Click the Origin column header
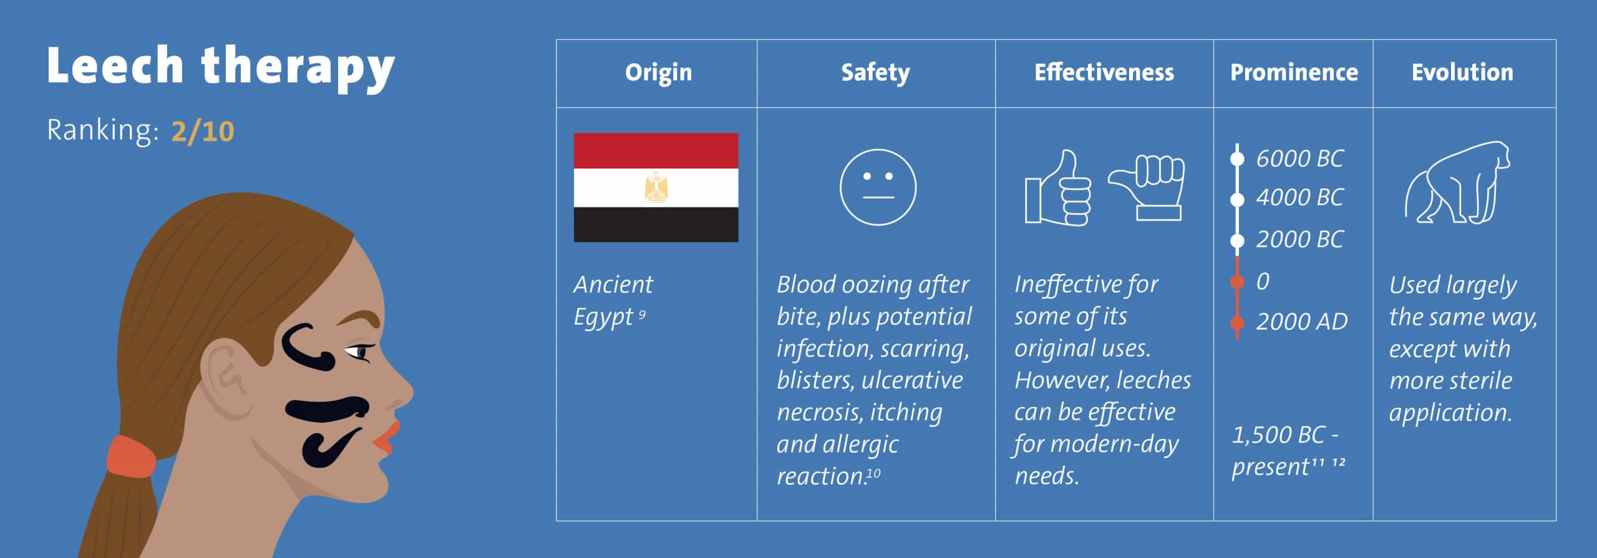[x=658, y=72]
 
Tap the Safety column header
[x=875, y=73]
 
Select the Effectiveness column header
[x=1104, y=72]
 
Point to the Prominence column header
[x=1294, y=72]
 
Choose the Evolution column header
[x=1462, y=72]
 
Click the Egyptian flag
[x=656, y=187]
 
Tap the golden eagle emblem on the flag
[x=655, y=187]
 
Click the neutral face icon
[x=878, y=187]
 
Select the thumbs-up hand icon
[x=1058, y=188]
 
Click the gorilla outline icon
[x=1457, y=183]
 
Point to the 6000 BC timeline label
[x=1299, y=158]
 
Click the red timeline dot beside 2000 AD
[x=1237, y=323]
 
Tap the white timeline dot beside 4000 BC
[x=1237, y=200]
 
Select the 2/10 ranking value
[x=203, y=132]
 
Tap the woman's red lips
[x=387, y=438]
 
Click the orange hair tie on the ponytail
[x=132, y=456]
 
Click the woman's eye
[x=358, y=353]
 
